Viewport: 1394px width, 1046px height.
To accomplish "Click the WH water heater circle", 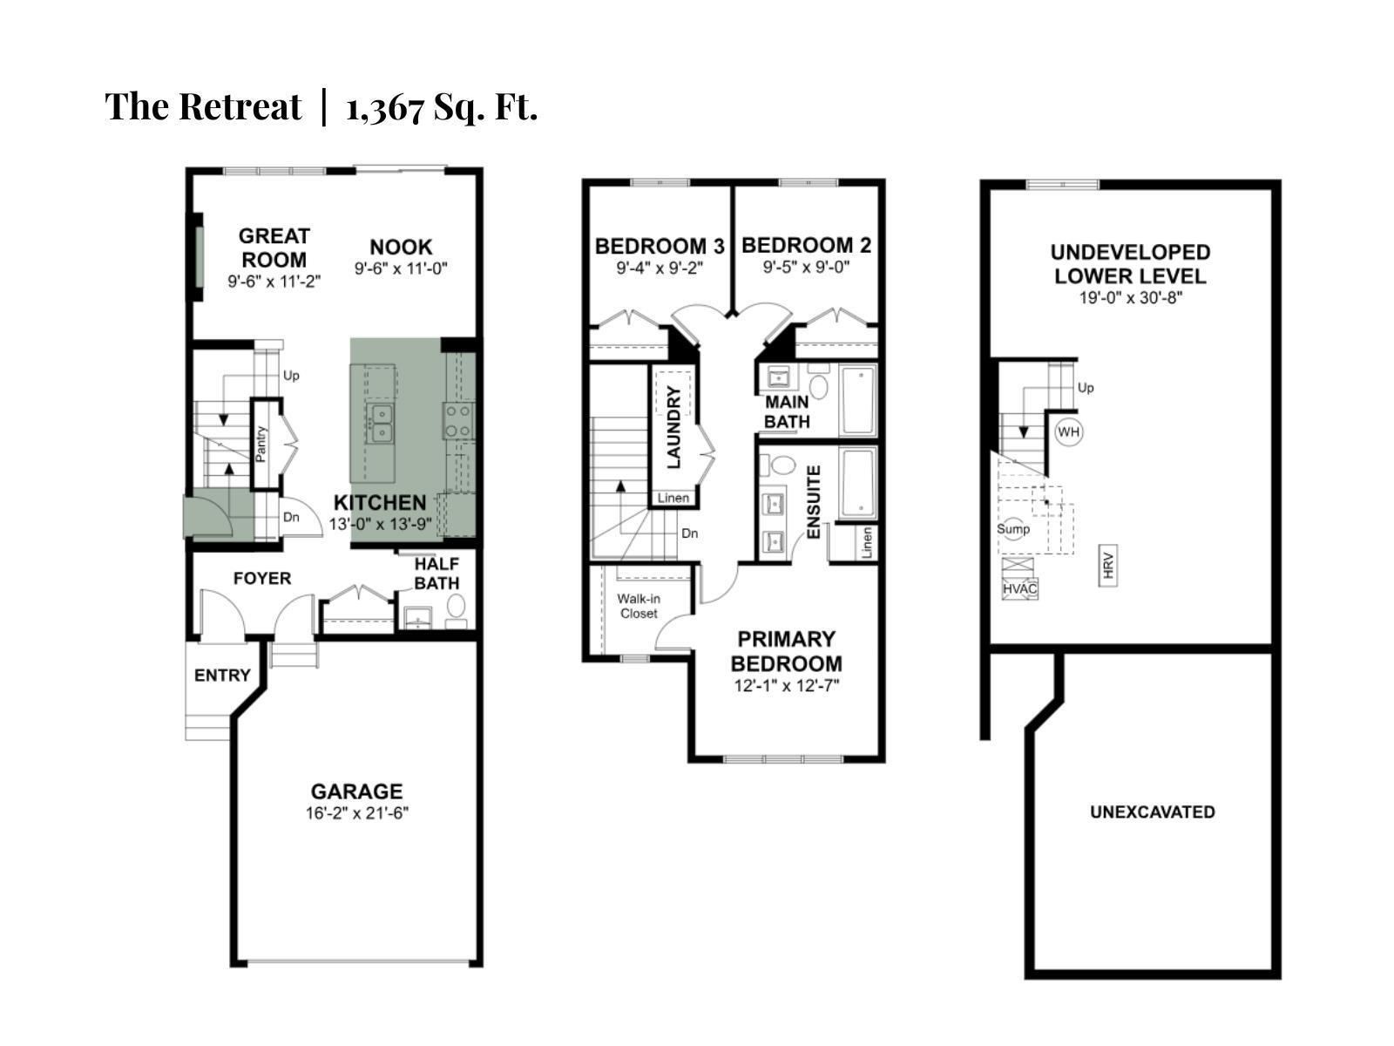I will (x=1069, y=431).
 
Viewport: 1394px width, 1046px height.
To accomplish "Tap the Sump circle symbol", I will (x=1013, y=529).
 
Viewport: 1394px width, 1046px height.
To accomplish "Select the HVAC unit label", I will (x=1019, y=588).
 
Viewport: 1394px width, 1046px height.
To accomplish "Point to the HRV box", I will (x=1108, y=565).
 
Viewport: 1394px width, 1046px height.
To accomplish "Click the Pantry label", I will (x=261, y=443).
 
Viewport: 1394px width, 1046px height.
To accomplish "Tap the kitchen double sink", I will (x=381, y=423).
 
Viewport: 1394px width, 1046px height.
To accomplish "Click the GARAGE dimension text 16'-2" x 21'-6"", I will (x=357, y=813).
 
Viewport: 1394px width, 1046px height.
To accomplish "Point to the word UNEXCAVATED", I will (x=1152, y=812).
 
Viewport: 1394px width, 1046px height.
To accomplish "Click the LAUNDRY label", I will (x=674, y=428).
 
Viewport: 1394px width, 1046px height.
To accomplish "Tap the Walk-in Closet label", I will (x=639, y=606).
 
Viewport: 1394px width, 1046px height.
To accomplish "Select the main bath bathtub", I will (x=857, y=399).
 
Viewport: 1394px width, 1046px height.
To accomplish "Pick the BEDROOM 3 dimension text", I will (x=660, y=268).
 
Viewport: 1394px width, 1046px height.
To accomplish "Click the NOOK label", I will (x=401, y=247).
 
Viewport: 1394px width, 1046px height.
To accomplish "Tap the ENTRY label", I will (x=222, y=675).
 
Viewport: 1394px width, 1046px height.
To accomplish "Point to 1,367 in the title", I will (x=385, y=107).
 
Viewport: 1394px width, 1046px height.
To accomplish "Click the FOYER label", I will (x=262, y=578).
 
